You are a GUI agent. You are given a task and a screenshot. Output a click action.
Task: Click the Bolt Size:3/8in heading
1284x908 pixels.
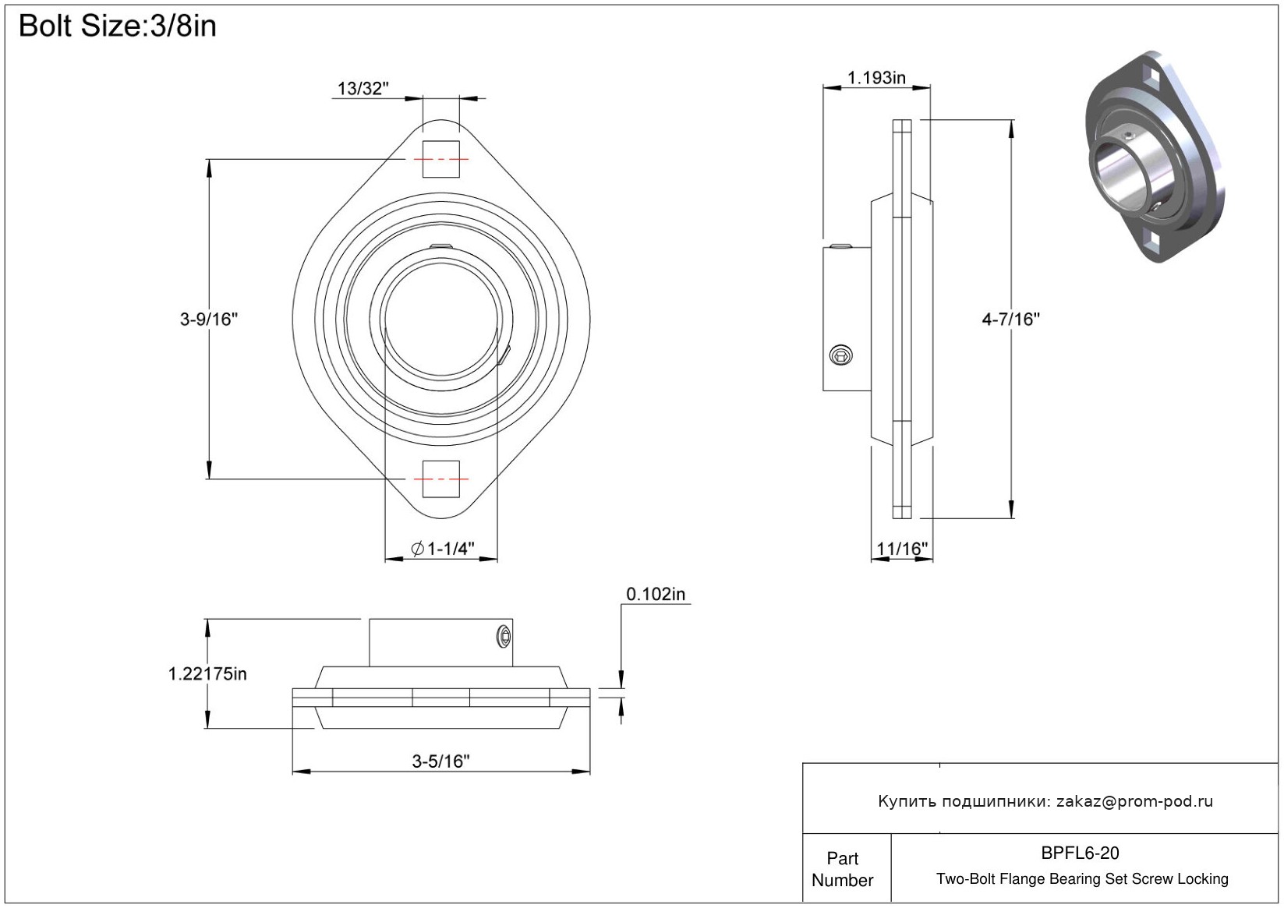click(118, 26)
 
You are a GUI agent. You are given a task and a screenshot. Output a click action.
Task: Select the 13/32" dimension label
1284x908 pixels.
click(363, 89)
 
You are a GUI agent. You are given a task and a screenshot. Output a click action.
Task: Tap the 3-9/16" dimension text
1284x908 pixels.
click(209, 319)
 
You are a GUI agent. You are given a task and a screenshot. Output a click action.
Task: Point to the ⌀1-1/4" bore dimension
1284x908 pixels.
click(443, 549)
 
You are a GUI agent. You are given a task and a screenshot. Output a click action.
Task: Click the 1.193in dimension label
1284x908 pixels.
click(876, 78)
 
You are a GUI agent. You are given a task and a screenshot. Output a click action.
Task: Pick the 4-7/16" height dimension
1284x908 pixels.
click(1010, 319)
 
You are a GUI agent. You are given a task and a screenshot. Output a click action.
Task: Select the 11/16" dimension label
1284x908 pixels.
click(902, 549)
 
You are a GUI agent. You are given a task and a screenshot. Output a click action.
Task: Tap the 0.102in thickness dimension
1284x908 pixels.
click(656, 595)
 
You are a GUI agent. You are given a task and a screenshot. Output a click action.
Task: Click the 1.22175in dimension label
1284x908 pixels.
click(207, 674)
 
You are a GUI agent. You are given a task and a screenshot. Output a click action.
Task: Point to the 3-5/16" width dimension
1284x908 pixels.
click(440, 761)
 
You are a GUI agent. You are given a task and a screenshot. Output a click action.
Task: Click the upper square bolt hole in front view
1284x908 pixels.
click(440, 160)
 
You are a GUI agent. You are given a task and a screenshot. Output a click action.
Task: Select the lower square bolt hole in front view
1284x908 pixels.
click(440, 479)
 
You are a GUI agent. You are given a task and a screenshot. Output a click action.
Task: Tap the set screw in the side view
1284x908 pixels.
click(841, 355)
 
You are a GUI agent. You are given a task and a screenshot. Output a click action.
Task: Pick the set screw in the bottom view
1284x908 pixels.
click(504, 638)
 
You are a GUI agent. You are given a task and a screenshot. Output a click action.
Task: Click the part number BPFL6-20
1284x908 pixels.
click(1080, 853)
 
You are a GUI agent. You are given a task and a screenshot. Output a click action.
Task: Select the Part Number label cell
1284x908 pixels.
click(843, 869)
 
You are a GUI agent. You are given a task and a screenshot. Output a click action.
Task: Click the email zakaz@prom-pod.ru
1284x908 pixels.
click(1134, 801)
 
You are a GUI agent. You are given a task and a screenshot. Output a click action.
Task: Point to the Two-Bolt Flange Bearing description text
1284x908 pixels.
click(1082, 879)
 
